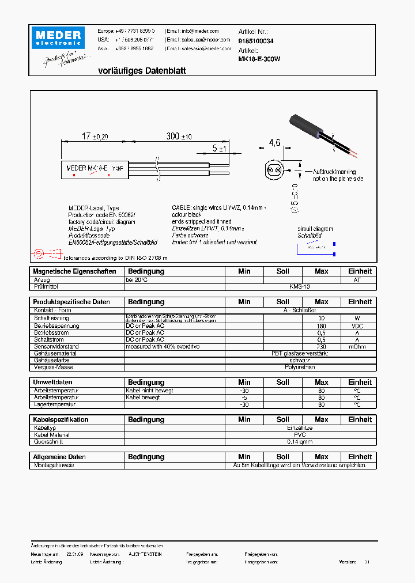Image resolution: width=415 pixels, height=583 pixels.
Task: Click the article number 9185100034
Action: pyautogui.click(x=256, y=41)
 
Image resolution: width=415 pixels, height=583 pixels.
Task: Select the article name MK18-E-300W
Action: pyautogui.click(x=259, y=59)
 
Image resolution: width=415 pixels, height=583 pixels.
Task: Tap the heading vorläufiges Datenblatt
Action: pyautogui.click(x=142, y=71)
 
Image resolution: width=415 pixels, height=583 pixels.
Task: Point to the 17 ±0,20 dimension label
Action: pyautogui.click(x=95, y=137)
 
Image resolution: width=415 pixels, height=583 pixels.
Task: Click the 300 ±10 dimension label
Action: pyautogui.click(x=179, y=137)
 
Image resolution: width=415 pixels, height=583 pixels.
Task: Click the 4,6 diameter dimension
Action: pyautogui.click(x=274, y=143)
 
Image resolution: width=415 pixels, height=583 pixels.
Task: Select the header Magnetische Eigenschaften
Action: pyautogui.click(x=74, y=271)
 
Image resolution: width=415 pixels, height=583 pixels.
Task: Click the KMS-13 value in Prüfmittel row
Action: pyautogui.click(x=300, y=286)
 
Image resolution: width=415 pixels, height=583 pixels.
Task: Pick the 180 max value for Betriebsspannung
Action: pyautogui.click(x=321, y=326)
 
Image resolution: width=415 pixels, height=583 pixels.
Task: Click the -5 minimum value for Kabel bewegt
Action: pyautogui.click(x=244, y=397)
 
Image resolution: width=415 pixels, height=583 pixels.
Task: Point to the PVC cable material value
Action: pyautogui.click(x=300, y=435)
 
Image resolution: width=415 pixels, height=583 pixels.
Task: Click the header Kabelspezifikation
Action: pyautogui.click(x=61, y=420)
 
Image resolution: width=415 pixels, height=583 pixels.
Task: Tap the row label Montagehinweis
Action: pyautogui.click(x=54, y=465)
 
